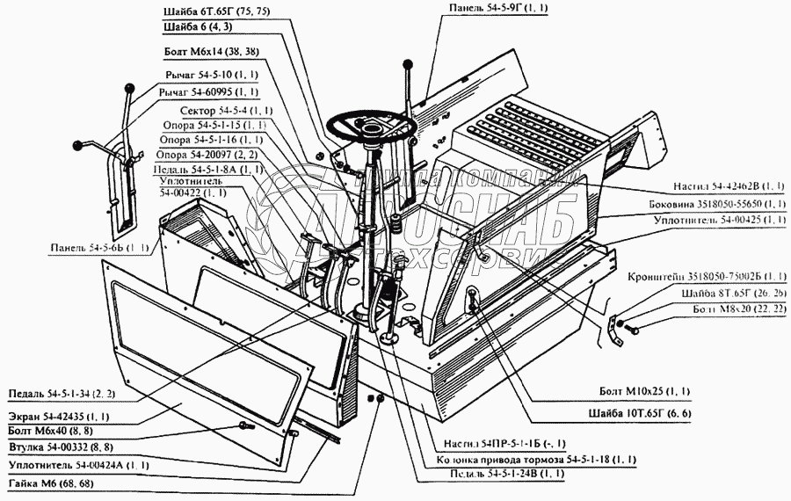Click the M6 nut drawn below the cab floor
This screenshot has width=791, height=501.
tap(381, 400)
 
